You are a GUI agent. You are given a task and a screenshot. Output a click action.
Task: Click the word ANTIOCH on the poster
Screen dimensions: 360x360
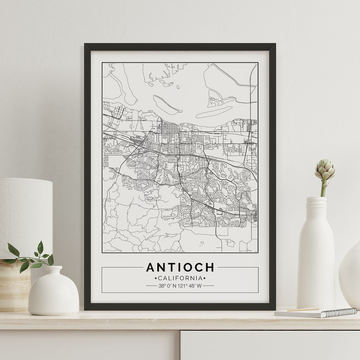click(x=180, y=267)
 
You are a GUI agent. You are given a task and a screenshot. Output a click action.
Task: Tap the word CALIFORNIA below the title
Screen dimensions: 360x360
click(x=180, y=278)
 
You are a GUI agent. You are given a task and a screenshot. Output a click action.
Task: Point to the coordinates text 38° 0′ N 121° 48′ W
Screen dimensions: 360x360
click(x=180, y=286)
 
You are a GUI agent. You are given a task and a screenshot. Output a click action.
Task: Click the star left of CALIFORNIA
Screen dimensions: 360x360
click(x=155, y=278)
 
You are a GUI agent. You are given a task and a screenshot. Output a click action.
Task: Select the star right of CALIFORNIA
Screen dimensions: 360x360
click(x=205, y=278)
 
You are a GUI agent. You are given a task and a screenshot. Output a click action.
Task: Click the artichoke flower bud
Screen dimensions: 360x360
click(x=325, y=170)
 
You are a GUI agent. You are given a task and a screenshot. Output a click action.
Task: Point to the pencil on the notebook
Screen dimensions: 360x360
click(x=303, y=310)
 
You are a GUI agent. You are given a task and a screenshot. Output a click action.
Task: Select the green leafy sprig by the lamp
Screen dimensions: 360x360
click(x=30, y=257)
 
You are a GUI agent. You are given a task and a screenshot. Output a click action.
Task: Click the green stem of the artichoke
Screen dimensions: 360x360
click(x=323, y=189)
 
